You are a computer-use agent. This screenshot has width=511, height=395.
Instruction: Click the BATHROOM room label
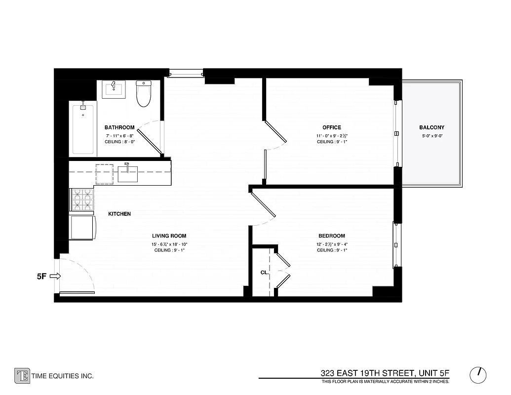point(119,128)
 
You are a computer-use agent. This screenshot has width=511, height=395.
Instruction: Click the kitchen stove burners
point(82,200)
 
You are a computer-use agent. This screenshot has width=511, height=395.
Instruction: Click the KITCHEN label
point(119,214)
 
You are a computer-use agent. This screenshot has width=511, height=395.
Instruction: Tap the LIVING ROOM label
point(169,236)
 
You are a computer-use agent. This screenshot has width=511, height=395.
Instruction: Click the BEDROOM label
point(332,236)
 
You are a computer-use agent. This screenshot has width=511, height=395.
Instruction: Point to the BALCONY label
point(432,128)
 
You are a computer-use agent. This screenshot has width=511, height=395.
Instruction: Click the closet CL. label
point(264,273)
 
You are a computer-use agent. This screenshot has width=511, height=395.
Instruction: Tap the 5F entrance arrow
point(55,276)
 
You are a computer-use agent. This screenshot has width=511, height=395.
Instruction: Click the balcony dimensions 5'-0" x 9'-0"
point(432,136)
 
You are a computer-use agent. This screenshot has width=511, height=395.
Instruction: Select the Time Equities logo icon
point(22,376)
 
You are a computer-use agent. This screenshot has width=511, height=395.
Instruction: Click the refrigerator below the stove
point(82,227)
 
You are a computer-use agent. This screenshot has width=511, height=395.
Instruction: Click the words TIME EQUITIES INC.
point(62,376)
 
